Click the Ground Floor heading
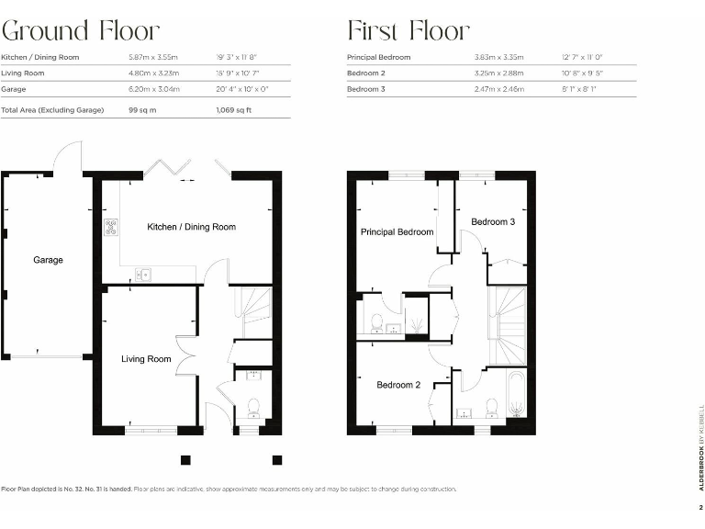[x=81, y=30]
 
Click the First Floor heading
[x=408, y=30]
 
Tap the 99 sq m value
[x=143, y=109]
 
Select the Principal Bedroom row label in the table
[x=379, y=57]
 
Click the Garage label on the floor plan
[x=48, y=260]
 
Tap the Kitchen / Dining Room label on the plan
[x=191, y=227]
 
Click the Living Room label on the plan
[x=146, y=359]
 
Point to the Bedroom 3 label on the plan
[x=493, y=222]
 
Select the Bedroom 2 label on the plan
[x=398, y=385]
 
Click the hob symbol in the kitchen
[x=111, y=227]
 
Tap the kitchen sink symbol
[x=143, y=273]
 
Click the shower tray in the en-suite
[x=416, y=323]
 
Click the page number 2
[x=699, y=506]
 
